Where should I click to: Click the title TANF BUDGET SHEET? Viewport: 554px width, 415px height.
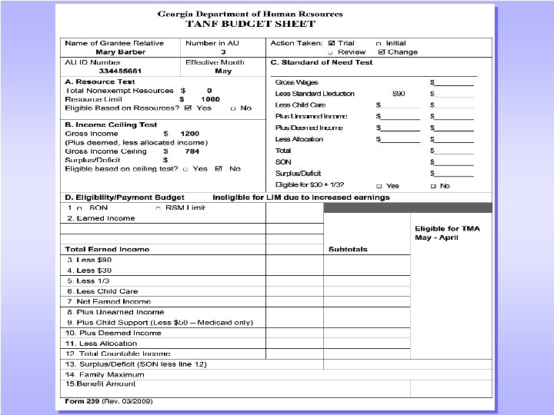(x=251, y=24)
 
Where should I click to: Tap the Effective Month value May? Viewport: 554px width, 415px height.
(x=223, y=71)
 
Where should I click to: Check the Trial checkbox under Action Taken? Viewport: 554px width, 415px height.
(x=332, y=43)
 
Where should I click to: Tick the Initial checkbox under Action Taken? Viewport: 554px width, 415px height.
(x=378, y=43)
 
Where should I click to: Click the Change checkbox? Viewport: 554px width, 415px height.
(x=382, y=52)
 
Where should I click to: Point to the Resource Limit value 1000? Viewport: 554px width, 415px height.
(x=210, y=99)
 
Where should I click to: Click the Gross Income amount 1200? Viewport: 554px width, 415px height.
(x=189, y=134)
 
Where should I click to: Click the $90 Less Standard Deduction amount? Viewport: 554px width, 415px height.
(x=399, y=94)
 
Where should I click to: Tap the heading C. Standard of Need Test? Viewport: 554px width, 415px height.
(x=322, y=62)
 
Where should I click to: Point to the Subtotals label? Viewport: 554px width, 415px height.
(x=348, y=249)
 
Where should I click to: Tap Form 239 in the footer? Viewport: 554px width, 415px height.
(x=79, y=401)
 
